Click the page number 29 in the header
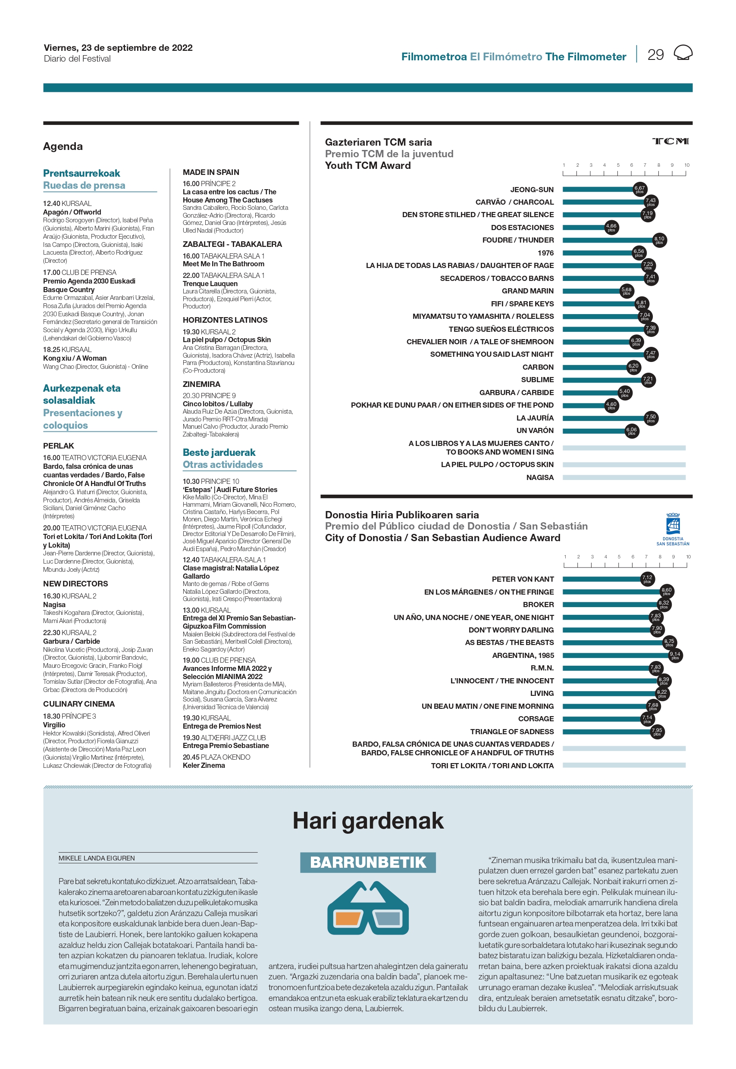655,55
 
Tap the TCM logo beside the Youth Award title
670,141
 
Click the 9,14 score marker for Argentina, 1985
675,655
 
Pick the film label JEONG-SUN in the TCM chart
532,190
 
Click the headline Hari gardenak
368,821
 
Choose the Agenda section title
63,146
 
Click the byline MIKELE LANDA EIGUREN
97,858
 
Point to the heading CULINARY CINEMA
79,704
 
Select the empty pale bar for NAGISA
624,477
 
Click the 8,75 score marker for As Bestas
669,642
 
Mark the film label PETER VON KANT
523,579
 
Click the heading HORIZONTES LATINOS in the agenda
225,320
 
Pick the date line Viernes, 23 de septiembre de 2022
118,47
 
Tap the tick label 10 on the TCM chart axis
687,165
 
